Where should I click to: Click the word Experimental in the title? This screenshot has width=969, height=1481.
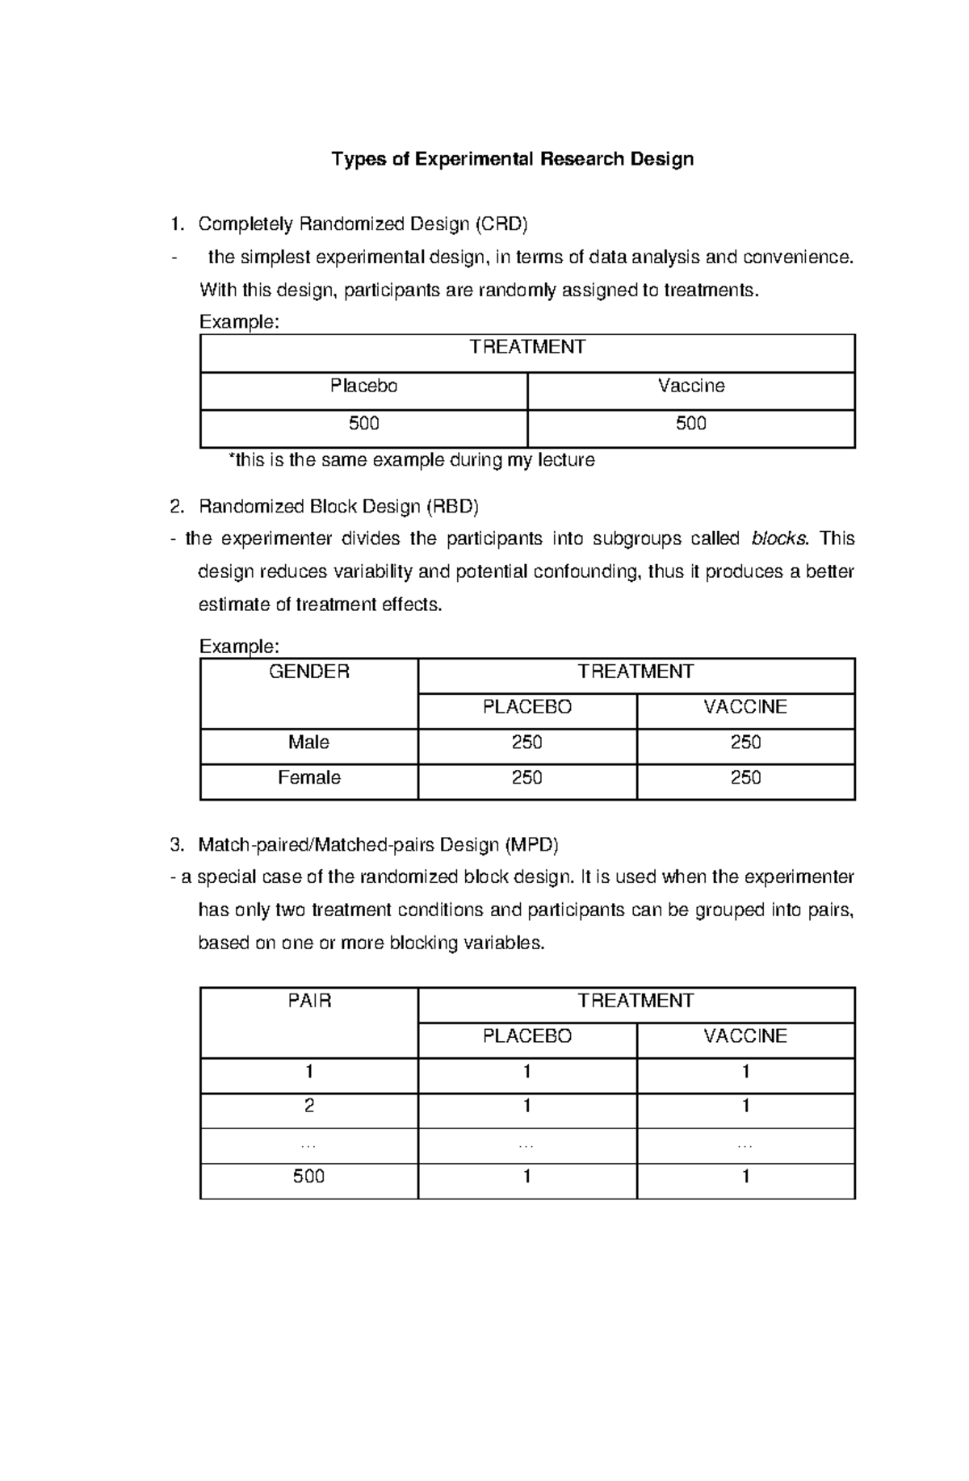coord(474,159)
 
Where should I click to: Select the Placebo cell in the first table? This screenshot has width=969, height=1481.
coord(363,387)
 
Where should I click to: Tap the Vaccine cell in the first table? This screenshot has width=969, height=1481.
coord(691,387)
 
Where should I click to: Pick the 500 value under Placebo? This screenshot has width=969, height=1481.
coord(363,424)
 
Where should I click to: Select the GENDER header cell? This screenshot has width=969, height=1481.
coord(308,672)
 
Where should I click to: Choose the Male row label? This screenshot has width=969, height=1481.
coord(308,743)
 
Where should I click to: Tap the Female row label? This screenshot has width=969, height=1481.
coord(308,778)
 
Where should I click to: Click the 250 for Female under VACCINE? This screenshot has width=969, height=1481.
coord(745,778)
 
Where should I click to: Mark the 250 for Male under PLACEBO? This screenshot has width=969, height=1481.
coord(526,743)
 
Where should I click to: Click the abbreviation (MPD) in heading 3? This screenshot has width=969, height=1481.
coord(531,845)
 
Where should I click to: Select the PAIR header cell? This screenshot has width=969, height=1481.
coord(309,1002)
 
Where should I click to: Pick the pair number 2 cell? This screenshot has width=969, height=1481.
coord(309,1107)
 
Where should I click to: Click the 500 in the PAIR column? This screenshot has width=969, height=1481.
coord(309,1177)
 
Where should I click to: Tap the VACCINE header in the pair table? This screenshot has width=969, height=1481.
coord(745,1036)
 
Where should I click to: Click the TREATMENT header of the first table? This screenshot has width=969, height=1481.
coord(527,348)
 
